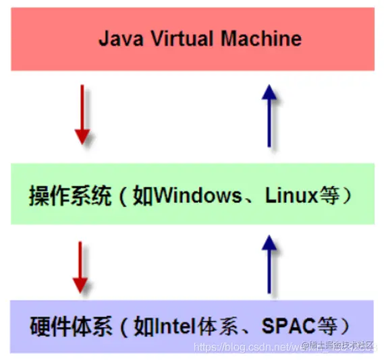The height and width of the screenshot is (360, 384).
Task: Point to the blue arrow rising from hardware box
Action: click(269, 264)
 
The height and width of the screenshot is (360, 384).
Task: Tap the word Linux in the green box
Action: click(291, 196)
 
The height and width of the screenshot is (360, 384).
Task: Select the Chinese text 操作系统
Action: click(70, 196)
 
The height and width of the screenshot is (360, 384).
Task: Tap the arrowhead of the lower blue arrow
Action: click(269, 243)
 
